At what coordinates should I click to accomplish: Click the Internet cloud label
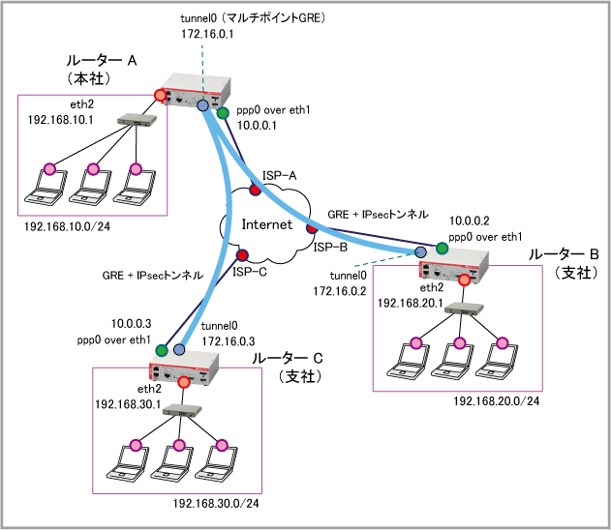[267, 224]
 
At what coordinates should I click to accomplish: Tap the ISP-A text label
[280, 176]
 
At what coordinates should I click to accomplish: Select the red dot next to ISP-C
[242, 255]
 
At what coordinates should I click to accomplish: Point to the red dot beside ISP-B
[312, 227]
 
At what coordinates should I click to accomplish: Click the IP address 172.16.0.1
[207, 34]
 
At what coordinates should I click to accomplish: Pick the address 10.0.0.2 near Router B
[470, 221]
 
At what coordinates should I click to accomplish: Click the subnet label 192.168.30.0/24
[216, 504]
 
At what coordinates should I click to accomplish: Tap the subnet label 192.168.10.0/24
[67, 226]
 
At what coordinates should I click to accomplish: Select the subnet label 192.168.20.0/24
[497, 401]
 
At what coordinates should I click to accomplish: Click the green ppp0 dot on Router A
[223, 113]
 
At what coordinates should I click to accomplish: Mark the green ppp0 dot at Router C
[162, 350]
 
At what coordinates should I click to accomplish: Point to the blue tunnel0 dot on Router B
[420, 252]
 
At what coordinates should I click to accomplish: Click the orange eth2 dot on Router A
[160, 95]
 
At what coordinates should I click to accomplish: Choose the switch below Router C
[182, 410]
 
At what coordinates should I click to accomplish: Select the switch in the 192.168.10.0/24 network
[137, 120]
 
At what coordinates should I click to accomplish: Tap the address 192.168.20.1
[411, 303]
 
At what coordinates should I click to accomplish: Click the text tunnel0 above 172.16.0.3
[219, 326]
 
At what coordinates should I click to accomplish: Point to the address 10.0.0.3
[131, 324]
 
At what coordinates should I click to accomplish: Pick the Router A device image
[196, 91]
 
